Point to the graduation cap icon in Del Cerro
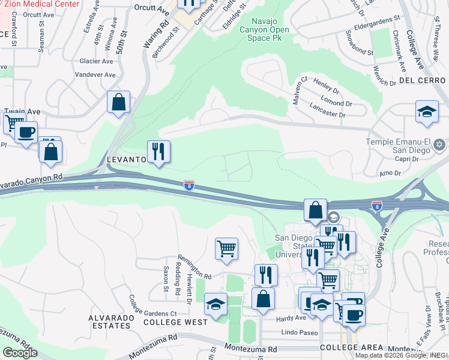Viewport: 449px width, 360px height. click(427, 112)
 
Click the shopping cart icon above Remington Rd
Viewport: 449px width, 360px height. click(226, 248)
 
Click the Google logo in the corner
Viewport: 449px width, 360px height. click(20, 353)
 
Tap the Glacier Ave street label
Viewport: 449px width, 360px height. click(96, 61)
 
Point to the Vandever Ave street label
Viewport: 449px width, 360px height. click(94, 75)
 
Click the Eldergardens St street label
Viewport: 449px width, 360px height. click(377, 19)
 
